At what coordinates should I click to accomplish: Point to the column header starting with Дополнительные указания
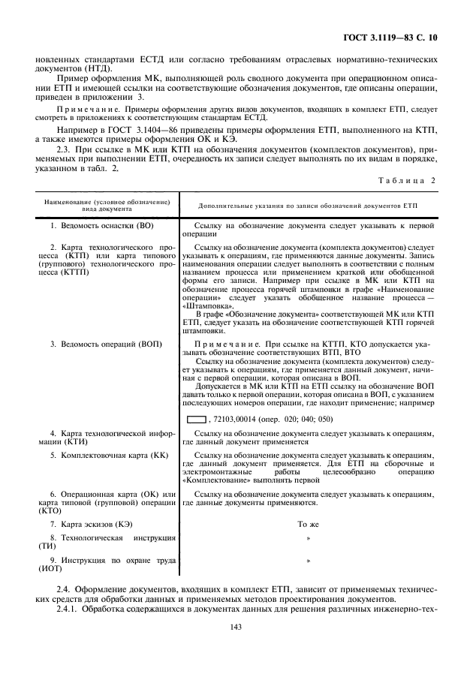(307, 205)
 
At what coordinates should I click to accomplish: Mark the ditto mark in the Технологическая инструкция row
(308, 539)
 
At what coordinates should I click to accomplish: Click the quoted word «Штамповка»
(207, 306)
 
